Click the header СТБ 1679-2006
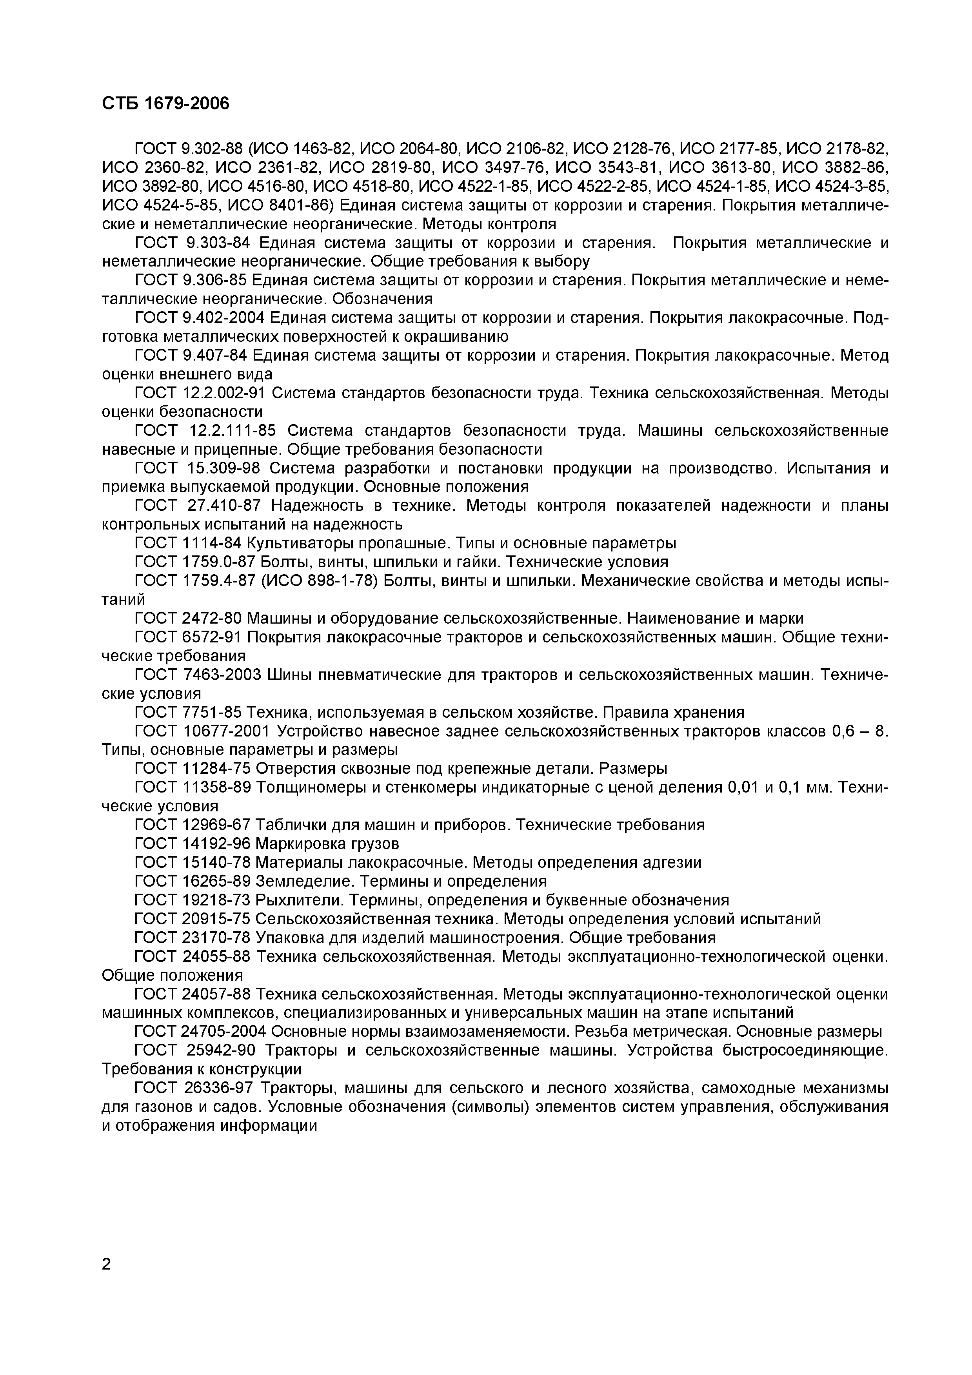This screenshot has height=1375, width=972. click(x=165, y=103)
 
